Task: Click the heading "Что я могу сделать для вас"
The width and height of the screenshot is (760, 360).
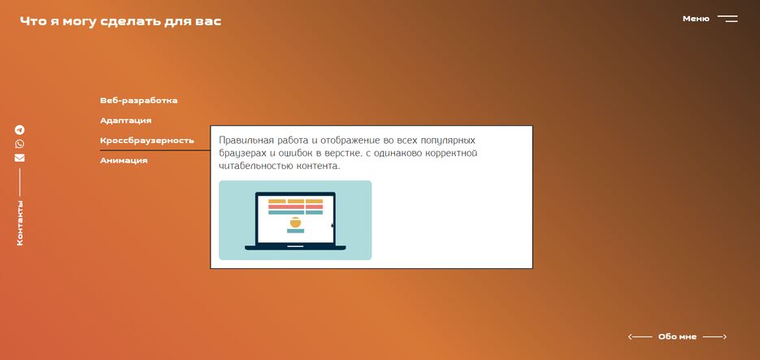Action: pos(120,21)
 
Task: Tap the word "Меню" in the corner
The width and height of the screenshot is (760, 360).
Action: pos(696,19)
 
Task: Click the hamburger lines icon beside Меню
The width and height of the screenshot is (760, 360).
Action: pos(727,19)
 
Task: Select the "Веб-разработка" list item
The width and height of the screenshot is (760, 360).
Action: pos(138,101)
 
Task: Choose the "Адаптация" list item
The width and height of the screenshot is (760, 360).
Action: pos(125,120)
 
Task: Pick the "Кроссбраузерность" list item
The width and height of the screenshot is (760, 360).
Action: pos(146,141)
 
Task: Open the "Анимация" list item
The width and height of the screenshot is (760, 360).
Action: pos(124,161)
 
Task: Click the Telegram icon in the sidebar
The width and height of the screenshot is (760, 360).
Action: pos(20,130)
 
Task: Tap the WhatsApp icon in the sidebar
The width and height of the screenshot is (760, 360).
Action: pos(20,144)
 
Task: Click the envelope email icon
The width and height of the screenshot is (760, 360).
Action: pos(20,158)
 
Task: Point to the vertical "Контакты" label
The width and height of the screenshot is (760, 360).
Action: pos(20,223)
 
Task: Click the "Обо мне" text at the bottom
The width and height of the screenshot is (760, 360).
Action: pos(677,336)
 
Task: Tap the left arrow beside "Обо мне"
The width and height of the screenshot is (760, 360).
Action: pos(640,336)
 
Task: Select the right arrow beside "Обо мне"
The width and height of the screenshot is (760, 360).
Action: pos(714,336)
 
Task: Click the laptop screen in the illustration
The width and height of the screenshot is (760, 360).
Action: pos(295,219)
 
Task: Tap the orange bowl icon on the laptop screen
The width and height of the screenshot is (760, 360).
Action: pos(295,222)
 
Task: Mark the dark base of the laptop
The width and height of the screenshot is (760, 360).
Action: pos(295,247)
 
